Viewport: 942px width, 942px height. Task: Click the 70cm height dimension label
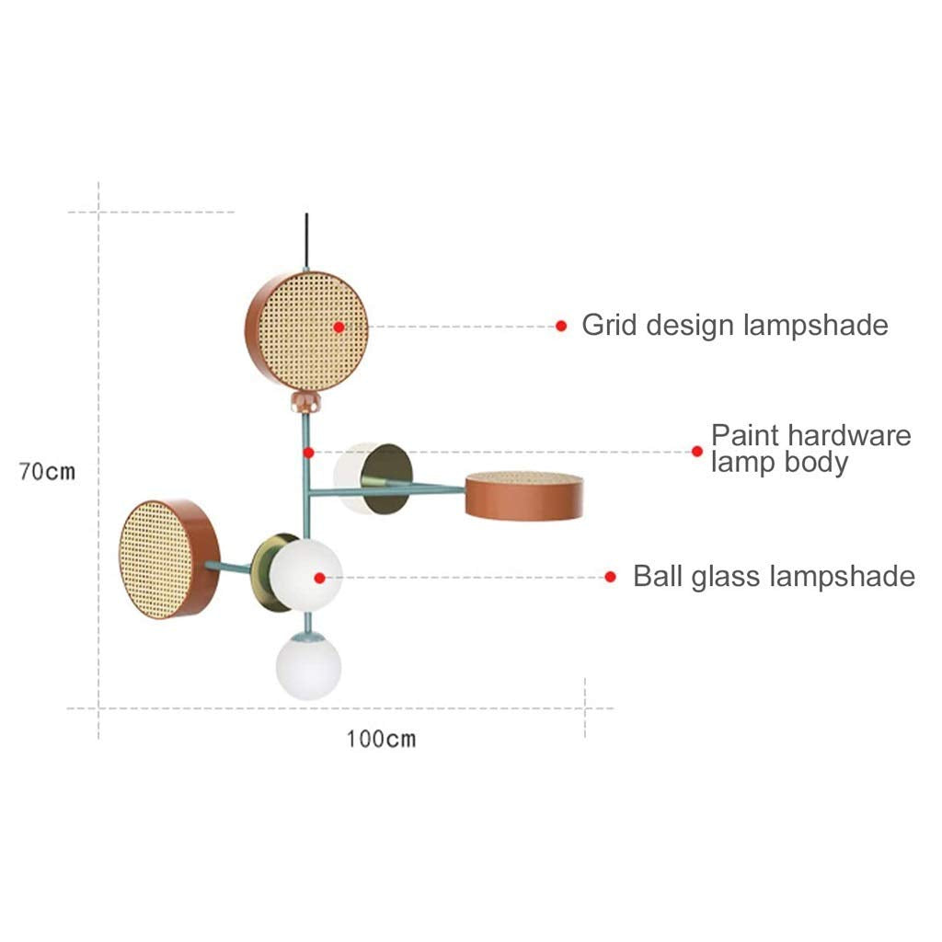[48, 472]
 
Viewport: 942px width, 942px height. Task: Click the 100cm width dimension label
[381, 739]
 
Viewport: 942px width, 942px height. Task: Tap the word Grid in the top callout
[609, 325]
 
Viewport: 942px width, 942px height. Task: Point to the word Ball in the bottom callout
[659, 576]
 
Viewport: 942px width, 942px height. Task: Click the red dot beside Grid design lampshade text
[561, 327]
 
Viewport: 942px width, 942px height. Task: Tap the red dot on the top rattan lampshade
[339, 327]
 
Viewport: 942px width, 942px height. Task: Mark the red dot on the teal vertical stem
[309, 453]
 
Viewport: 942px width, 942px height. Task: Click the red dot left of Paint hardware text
[697, 451]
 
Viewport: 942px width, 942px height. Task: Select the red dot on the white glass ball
[319, 578]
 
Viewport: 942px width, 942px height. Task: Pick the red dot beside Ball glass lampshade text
[611, 578]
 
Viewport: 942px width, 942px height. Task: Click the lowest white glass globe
[309, 667]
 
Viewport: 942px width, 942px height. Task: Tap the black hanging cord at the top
[307, 240]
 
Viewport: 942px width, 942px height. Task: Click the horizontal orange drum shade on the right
[524, 496]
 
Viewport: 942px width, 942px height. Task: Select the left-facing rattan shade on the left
[169, 558]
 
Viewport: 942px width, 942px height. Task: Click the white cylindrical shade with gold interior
[373, 478]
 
